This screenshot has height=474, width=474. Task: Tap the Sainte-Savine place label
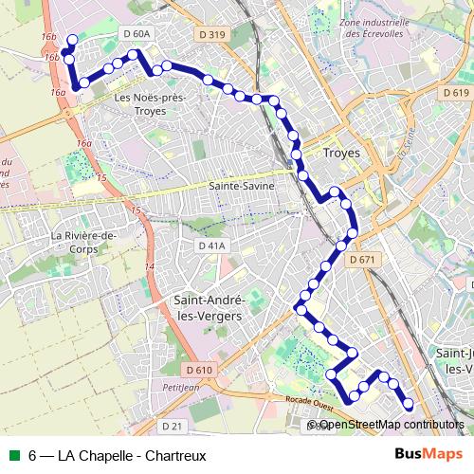coord(242,187)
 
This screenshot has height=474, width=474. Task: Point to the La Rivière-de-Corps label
coord(83,242)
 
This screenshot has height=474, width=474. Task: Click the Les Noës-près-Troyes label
coord(149,103)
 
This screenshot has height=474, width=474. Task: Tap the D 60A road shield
coord(137,34)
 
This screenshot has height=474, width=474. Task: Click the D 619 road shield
coord(455,93)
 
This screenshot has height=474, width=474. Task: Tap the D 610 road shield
coord(200,369)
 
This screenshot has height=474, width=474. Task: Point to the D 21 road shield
coord(171,425)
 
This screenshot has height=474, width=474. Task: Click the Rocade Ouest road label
coord(309,402)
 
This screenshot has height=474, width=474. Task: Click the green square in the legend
coord(13,455)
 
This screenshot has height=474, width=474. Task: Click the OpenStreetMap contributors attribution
coord(389,426)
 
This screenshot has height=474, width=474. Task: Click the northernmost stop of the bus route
coord(72,39)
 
